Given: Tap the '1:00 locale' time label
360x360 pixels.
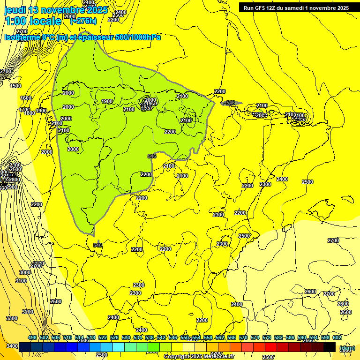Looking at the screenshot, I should [x=33, y=21].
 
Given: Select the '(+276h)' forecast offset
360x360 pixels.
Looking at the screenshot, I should [x=83, y=21].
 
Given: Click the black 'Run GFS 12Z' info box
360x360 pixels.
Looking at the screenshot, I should [x=296, y=8].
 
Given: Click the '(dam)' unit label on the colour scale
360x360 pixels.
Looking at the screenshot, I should [x=346, y=348].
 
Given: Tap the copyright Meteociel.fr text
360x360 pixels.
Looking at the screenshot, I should [x=199, y=356].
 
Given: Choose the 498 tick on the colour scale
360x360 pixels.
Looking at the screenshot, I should [x=32, y=337].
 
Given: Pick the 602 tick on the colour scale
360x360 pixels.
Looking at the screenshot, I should [x=337, y=337].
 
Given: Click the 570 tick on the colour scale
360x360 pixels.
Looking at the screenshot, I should [x=243, y=337].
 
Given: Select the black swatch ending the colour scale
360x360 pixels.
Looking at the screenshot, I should [x=329, y=347].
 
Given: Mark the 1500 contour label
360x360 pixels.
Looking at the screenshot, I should [x=15, y=86].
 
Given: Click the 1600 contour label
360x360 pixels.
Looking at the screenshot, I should [x=26, y=98].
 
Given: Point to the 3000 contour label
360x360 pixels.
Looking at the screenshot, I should [x=25, y=272].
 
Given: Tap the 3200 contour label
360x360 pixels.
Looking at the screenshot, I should [x=28, y=312].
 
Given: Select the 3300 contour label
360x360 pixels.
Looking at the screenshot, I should [x=12, y=318].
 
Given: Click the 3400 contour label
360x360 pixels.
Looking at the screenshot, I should [x=13, y=346].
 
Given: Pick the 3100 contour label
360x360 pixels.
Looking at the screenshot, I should [x=21, y=281].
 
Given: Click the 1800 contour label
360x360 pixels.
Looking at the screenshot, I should [x=30, y=113].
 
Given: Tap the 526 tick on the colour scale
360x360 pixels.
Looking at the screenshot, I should [x=114, y=337].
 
